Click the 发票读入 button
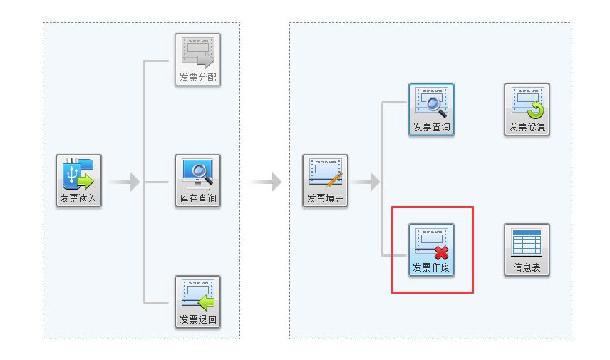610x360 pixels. (79, 181)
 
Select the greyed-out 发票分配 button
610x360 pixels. (197, 60)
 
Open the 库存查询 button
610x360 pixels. (197, 181)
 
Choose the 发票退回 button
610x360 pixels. (197, 302)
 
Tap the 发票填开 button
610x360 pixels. (326, 181)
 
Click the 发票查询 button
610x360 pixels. (431, 110)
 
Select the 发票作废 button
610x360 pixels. (431, 250)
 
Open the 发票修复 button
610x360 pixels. (527, 110)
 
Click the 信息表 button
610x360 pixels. (527, 250)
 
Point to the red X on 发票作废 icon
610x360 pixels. (441, 252)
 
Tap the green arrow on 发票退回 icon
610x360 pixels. (206, 302)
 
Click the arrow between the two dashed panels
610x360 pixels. (267, 182)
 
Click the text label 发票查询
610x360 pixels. (431, 128)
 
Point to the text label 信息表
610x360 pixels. (527, 269)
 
